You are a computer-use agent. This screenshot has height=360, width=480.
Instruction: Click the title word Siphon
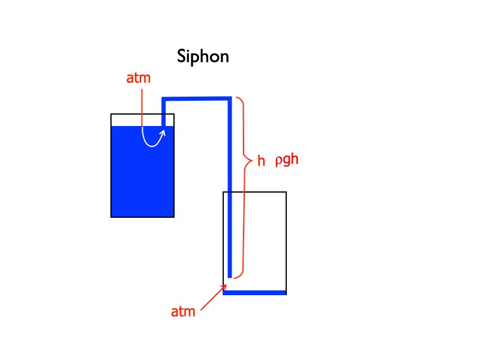pos(203,58)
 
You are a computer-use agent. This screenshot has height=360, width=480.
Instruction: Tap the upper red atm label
pos(139,79)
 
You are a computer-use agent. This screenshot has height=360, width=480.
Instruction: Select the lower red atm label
pos(183,313)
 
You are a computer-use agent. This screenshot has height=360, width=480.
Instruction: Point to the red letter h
pos(261,161)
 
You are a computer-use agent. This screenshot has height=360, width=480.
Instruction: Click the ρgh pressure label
pos(287,161)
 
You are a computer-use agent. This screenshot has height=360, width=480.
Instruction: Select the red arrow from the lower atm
pos(214,297)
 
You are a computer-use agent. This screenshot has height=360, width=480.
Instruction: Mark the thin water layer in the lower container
pos(254,293)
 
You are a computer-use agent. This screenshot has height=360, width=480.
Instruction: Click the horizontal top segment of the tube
pos(197,98)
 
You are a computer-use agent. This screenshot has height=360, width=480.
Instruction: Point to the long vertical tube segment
pos(229,192)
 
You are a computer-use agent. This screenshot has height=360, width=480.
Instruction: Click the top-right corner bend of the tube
pos(229,98)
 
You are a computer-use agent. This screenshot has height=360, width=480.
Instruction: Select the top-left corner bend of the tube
pos(163,99)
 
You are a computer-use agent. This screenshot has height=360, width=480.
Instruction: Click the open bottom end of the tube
pos(229,277)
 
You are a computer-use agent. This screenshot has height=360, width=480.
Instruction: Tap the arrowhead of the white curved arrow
pos(162,130)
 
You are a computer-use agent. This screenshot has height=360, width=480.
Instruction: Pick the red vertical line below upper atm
pos(142,108)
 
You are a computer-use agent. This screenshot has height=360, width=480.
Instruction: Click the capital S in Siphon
pos(182,58)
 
